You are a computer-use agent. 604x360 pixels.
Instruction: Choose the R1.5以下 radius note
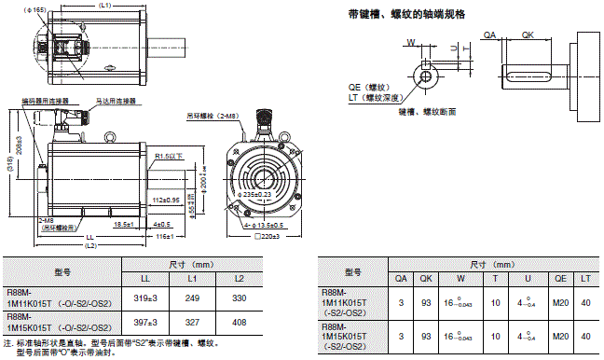(x=169, y=157)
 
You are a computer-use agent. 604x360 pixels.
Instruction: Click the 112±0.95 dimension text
(x=167, y=200)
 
